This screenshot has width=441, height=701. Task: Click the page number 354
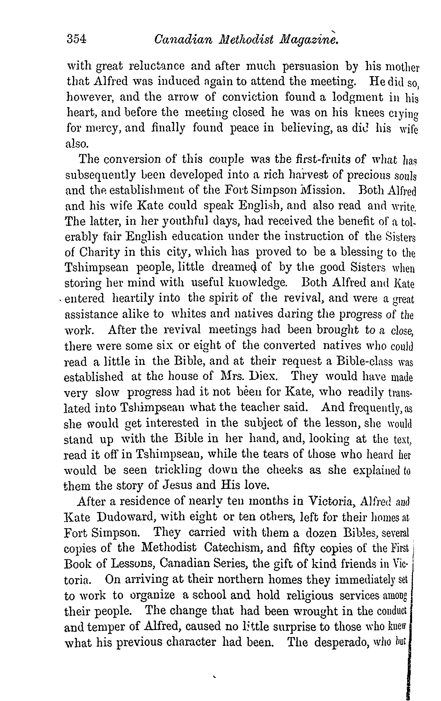pos(76,39)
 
